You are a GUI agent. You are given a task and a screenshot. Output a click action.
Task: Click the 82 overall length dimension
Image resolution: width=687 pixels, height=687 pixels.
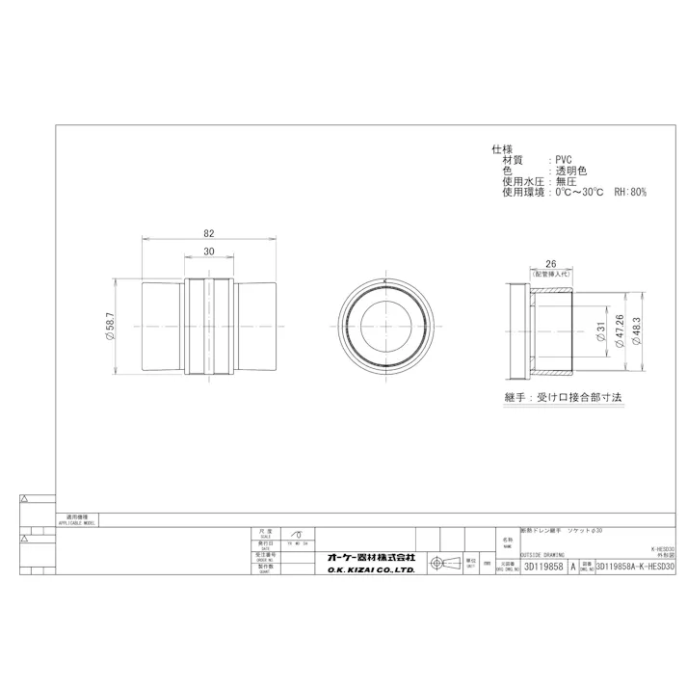[208, 232]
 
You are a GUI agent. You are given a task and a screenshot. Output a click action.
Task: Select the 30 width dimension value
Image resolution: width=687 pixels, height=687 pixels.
[208, 251]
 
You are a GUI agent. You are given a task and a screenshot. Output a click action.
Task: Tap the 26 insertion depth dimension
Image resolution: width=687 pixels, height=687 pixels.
[550, 263]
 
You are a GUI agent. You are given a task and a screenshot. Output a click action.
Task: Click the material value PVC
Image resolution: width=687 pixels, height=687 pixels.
[564, 160]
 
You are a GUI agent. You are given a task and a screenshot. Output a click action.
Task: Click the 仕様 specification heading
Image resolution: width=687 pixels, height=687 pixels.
[502, 149]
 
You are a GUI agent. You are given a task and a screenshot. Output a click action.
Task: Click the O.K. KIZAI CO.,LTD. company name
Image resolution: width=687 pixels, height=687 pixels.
[371, 570]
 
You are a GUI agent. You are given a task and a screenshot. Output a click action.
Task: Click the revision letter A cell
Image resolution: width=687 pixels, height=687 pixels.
[574, 568]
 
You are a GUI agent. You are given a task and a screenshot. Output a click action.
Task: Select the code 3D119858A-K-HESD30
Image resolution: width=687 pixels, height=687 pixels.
[637, 568]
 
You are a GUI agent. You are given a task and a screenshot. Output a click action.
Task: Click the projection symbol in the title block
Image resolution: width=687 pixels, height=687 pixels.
[438, 563]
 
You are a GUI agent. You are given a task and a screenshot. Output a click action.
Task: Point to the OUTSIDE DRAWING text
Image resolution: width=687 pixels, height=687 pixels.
[543, 554]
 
